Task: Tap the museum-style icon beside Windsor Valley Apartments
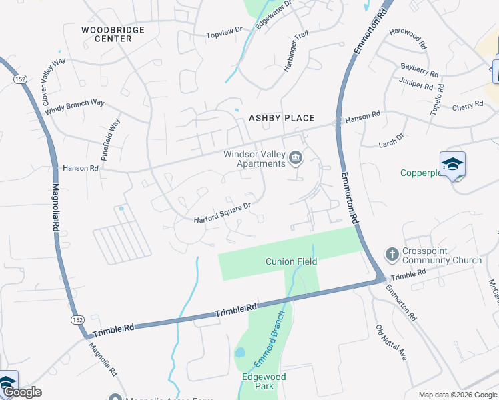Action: pos(296,158)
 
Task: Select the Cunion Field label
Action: pos(291,261)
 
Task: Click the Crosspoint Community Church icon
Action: pos(392,254)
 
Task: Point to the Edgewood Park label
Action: pos(264,381)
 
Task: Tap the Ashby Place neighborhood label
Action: pos(282,118)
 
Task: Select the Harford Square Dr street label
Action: pos(222,213)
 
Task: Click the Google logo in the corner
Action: pos(22,392)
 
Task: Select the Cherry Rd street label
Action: pos(467,105)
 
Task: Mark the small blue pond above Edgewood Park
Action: pos(240,351)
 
